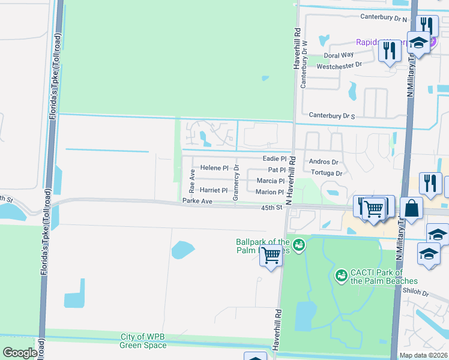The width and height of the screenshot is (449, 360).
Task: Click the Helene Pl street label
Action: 215,168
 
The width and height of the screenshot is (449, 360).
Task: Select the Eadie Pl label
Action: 274,158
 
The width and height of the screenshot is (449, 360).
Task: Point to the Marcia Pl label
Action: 270,181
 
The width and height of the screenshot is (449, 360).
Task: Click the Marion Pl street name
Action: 269,192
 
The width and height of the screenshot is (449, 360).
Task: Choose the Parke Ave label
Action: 197,201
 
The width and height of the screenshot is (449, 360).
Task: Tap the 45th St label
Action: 271,208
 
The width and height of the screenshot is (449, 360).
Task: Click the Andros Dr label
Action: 324,162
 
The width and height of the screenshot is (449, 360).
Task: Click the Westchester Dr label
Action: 340,66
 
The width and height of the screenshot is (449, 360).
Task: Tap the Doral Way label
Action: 336,55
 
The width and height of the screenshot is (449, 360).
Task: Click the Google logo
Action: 19,353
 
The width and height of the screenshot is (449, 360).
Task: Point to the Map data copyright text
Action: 424,355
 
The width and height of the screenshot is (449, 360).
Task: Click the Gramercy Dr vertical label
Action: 237,182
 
